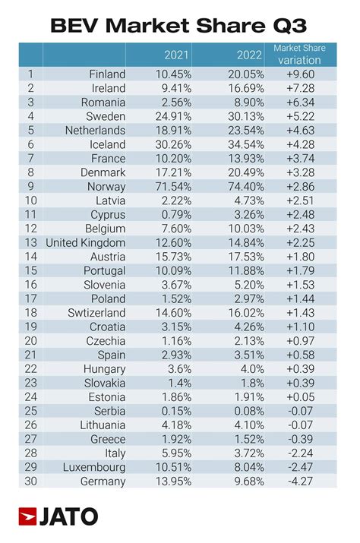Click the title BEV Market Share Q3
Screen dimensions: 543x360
click(179, 25)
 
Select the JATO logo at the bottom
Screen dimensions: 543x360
click(58, 517)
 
